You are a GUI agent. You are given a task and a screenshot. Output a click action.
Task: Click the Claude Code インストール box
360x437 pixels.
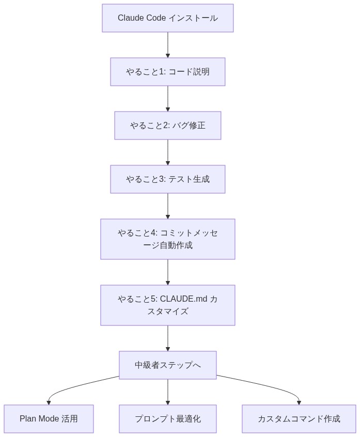167,18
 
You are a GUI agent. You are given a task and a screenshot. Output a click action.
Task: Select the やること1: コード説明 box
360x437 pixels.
167,72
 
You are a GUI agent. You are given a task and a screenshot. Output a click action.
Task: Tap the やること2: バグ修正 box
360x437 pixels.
167,126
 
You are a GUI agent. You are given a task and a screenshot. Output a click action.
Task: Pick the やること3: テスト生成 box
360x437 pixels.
167,179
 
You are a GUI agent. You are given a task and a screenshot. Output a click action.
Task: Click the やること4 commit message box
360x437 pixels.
167,239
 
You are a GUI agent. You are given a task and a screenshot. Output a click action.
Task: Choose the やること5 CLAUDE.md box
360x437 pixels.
167,305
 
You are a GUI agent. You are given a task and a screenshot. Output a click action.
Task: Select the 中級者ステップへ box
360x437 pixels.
167,365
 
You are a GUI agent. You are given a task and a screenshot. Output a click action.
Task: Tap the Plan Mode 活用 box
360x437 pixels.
49,419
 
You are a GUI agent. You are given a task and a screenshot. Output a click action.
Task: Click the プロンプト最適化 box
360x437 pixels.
167,419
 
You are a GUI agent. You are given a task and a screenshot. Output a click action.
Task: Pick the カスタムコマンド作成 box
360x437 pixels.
299,419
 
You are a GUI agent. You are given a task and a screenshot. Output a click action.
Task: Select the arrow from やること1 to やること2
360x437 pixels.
167,99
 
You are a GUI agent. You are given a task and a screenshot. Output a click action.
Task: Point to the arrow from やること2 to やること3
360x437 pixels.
167,152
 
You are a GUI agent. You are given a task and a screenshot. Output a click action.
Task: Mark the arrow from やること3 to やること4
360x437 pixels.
167,206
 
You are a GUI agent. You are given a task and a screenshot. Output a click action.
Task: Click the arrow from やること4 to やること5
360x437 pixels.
167,272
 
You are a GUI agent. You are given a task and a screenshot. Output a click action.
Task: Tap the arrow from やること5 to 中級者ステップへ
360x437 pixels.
167,338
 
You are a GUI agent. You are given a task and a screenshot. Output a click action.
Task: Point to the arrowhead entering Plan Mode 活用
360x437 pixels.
49,402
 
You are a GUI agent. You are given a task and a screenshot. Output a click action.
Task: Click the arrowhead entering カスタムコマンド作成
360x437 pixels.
299,402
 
